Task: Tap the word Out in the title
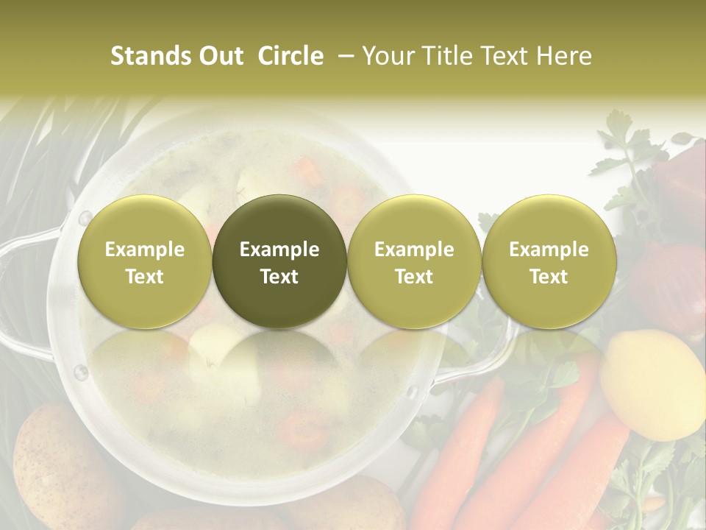218,56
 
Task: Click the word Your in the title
388,56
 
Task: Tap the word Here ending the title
565,56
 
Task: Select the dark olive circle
279,261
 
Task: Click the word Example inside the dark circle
279,250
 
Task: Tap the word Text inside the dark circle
279,277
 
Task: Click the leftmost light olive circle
144,261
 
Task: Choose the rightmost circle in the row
549,261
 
